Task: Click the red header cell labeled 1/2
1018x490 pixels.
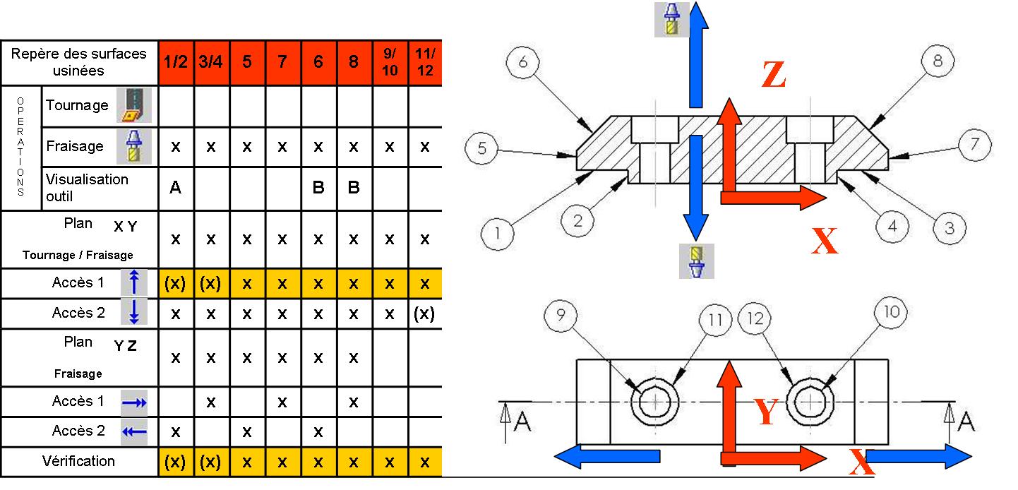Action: (176, 62)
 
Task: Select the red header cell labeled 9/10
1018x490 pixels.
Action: (390, 62)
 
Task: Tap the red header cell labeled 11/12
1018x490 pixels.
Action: (425, 62)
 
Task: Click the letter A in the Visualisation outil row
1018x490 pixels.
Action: (176, 187)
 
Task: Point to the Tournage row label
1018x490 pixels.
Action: (77, 105)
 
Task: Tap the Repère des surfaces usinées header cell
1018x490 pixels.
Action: (79, 62)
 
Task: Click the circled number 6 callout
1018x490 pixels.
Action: (523, 63)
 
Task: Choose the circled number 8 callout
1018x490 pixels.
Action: (938, 61)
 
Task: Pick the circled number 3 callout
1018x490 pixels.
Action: (949, 228)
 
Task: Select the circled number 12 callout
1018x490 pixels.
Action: (755, 319)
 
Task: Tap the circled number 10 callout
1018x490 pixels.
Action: (892, 312)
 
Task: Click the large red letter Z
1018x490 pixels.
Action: (774, 76)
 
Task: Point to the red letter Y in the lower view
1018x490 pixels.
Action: (765, 412)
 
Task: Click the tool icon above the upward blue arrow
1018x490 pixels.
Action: (669, 19)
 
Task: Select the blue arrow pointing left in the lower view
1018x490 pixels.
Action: (609, 456)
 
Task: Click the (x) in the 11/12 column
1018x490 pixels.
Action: (425, 313)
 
